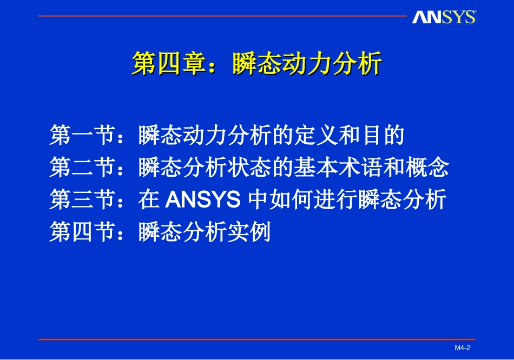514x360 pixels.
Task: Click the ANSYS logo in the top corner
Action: pos(444,17)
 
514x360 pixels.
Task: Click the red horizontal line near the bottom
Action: pos(257,339)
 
